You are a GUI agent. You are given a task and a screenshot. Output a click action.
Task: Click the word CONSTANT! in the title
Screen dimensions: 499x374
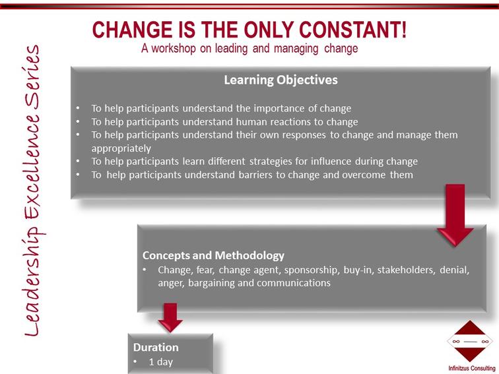point(352,30)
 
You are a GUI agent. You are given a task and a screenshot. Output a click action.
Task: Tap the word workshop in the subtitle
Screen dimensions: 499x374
point(174,49)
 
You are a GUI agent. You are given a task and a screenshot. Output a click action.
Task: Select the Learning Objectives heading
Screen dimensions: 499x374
point(281,80)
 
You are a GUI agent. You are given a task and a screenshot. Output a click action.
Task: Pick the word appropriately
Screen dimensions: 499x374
point(121,149)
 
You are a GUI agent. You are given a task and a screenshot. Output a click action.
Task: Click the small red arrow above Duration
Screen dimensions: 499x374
point(170,317)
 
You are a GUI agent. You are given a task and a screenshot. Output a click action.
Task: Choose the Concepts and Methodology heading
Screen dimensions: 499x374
point(213,255)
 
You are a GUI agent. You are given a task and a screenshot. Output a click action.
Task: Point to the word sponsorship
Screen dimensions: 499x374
point(311,270)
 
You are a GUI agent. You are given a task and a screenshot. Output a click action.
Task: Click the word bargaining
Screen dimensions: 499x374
point(211,284)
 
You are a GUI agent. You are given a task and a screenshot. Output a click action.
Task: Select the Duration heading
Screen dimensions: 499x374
point(156,347)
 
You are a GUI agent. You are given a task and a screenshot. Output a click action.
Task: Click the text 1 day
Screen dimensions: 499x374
point(160,362)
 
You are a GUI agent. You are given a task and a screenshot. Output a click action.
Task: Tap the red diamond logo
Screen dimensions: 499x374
point(470,341)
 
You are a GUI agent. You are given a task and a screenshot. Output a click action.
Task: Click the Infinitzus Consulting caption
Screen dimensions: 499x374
point(472,368)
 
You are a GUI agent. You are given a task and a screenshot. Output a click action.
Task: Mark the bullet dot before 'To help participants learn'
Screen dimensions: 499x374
point(78,161)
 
